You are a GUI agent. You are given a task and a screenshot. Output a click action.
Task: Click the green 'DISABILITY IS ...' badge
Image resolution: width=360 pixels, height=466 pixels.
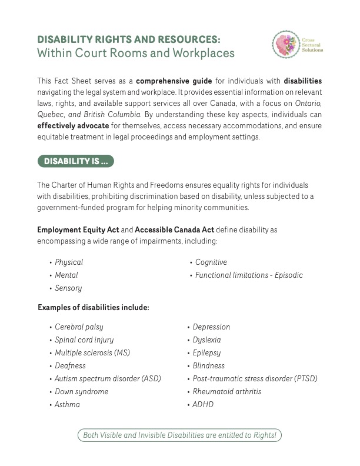75,161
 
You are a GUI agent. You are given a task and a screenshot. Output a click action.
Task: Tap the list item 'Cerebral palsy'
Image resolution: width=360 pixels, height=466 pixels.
79,327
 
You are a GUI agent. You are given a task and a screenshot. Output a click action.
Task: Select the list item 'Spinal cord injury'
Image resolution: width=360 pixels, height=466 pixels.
84,339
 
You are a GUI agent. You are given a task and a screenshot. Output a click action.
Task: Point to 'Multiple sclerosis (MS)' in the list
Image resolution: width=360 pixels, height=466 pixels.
92,352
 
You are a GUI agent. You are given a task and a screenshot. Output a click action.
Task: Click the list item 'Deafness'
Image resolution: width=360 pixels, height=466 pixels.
70,365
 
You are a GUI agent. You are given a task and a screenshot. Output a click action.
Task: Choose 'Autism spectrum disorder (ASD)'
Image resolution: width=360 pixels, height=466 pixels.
108,378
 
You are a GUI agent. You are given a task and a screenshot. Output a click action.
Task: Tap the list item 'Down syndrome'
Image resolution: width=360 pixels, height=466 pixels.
81,391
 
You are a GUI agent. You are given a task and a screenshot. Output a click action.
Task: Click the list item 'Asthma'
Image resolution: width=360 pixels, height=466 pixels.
67,405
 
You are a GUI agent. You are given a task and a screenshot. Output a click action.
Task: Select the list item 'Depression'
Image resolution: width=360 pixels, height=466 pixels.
211,327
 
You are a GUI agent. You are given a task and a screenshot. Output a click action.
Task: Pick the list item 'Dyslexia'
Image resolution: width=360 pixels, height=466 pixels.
206,339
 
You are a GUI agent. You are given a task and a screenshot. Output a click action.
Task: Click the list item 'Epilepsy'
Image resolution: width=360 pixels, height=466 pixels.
206,352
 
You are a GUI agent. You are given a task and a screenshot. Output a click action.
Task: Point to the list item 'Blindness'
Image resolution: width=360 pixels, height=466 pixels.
209,365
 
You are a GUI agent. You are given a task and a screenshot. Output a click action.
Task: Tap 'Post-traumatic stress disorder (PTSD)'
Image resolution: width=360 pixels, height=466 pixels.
255,378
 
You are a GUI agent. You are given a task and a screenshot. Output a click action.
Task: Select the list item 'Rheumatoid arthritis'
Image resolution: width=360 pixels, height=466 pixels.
227,391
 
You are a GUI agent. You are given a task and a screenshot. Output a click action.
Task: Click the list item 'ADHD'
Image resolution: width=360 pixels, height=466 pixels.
203,405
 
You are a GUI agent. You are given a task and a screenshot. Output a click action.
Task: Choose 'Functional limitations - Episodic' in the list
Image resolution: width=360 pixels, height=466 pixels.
249,275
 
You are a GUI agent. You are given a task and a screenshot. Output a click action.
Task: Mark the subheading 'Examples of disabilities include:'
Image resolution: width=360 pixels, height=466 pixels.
94,307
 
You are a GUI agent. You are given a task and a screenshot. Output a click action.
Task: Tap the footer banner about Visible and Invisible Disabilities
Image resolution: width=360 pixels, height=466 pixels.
180,435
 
